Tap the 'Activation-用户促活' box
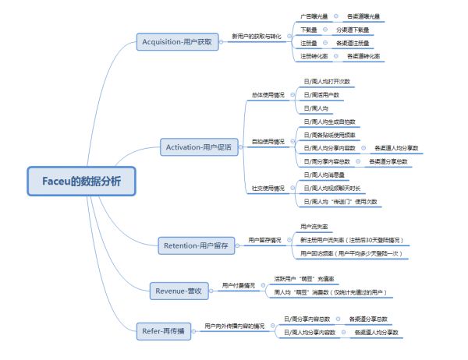pos(198,146)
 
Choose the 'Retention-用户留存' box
pos(196,245)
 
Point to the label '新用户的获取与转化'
pos(257,36)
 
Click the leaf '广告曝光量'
pos(314,16)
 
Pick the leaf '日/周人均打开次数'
pos(327,81)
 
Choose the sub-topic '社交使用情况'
pos(268,188)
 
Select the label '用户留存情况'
pos(264,240)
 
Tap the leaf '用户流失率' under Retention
pos(314,226)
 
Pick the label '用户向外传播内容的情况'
pos(234,325)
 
